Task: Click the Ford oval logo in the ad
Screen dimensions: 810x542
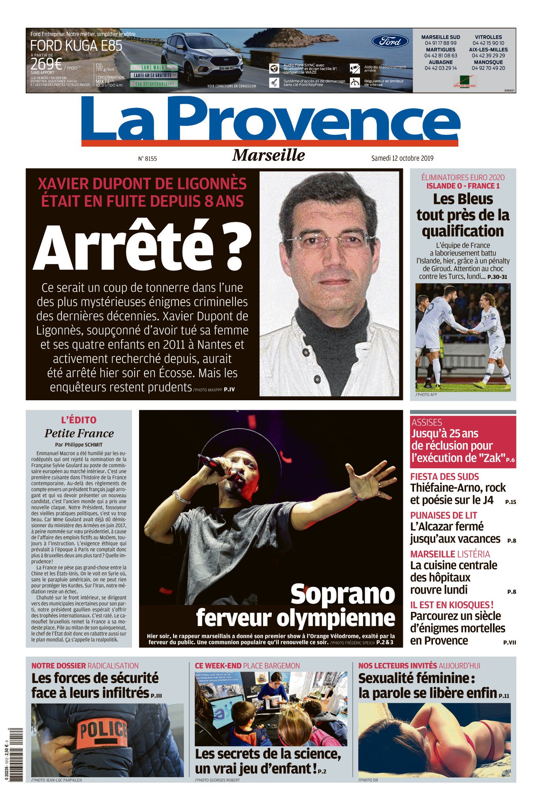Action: [390, 41]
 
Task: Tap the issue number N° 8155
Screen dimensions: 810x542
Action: [147, 159]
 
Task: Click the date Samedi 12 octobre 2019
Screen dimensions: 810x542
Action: [402, 158]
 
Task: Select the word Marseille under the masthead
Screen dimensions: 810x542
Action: [269, 155]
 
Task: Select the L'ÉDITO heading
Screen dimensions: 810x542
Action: [79, 420]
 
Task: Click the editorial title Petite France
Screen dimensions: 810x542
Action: [79, 433]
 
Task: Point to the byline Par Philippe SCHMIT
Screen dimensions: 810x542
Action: [79, 445]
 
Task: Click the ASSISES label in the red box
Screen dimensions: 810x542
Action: [427, 422]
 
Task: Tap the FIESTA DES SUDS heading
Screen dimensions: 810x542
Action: [444, 477]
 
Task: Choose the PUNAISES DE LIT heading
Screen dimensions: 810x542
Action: [444, 515]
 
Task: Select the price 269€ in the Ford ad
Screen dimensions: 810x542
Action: [46, 64]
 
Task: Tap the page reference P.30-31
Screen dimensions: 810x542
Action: [497, 277]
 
